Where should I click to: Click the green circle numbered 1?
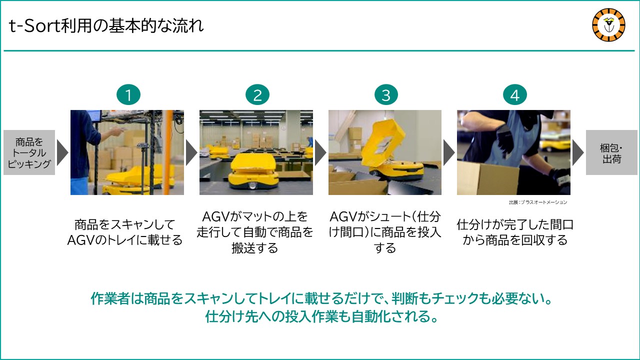point(128,95)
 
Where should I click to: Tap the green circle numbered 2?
point(257,95)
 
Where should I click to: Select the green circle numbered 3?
point(386,95)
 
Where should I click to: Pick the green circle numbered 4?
point(515,95)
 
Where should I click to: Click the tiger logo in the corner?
point(608,25)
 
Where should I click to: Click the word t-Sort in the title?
point(34,26)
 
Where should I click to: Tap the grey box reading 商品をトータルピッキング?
point(29,152)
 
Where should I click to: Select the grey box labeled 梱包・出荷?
point(611,152)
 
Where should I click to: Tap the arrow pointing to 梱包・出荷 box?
point(578,152)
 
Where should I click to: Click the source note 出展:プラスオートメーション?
point(537,202)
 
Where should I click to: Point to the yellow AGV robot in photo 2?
point(253,171)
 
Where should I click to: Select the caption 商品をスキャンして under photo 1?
point(124,224)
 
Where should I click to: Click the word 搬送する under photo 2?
point(254,247)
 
